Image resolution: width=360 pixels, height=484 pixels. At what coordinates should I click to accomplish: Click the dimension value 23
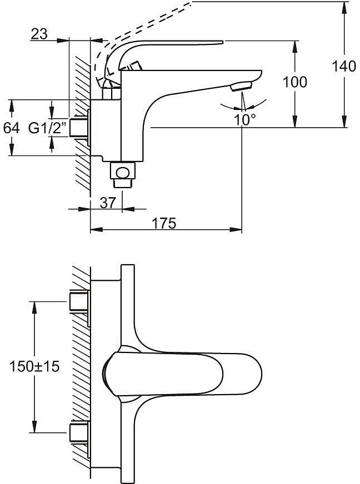[x=38, y=34]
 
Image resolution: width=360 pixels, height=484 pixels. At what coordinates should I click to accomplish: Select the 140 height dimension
[x=344, y=67]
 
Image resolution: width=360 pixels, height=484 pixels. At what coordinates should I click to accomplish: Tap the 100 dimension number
[x=294, y=82]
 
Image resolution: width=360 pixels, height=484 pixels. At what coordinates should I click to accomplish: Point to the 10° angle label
[x=244, y=118]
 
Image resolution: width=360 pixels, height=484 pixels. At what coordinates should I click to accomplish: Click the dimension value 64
[x=11, y=128]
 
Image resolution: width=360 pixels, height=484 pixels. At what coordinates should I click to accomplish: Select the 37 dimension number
[x=109, y=203]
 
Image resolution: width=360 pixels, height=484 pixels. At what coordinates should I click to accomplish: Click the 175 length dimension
[x=165, y=223]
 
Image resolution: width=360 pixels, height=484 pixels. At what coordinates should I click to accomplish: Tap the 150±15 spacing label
[x=34, y=366]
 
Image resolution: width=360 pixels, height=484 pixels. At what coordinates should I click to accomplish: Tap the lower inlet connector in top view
[x=79, y=432]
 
